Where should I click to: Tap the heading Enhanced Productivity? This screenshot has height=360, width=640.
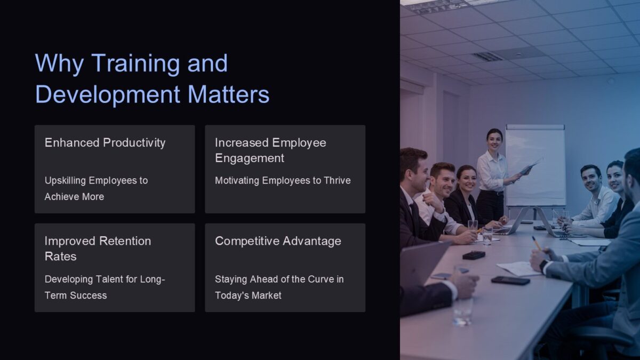click(105, 142)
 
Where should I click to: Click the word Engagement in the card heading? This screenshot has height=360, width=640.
click(250, 158)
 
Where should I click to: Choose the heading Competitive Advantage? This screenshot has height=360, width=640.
click(278, 241)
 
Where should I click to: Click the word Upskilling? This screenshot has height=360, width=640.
click(65, 180)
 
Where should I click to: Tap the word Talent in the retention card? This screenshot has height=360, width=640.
click(111, 279)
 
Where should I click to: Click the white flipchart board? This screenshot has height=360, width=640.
click(535, 165)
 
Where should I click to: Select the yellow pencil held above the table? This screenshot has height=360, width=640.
click(537, 243)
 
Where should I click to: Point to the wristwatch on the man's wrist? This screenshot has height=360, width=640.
click(543, 266)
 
